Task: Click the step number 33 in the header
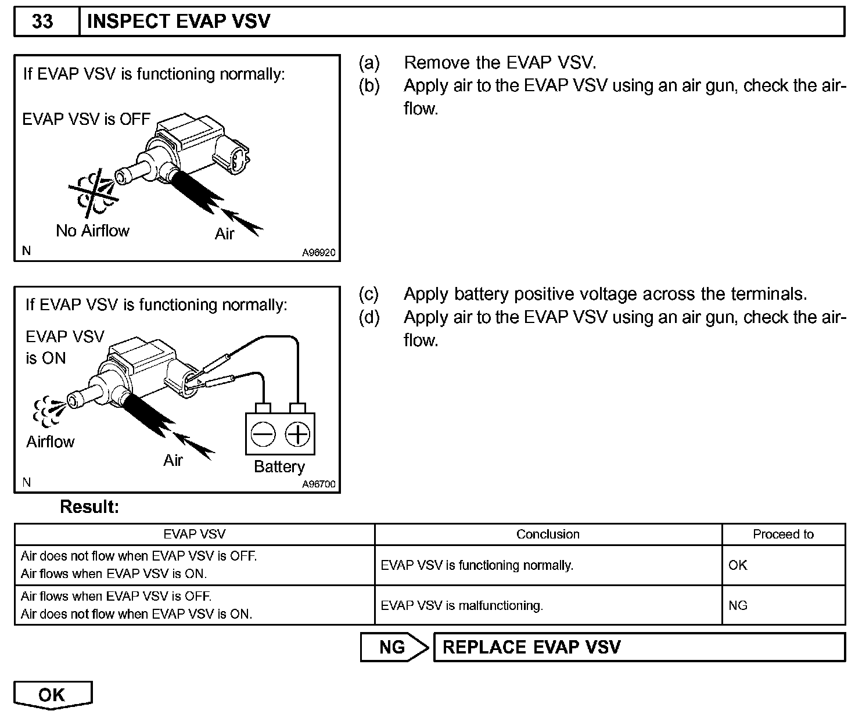(42, 22)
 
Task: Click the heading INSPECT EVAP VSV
(178, 22)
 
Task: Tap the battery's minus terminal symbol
(263, 434)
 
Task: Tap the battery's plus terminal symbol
(297, 434)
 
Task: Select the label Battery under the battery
(279, 466)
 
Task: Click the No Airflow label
(92, 231)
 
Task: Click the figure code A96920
(318, 253)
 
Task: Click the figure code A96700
(318, 484)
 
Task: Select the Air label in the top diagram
(224, 234)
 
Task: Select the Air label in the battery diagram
(173, 461)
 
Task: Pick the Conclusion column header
(548, 534)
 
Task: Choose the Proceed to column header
(783, 534)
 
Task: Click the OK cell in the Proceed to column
(738, 565)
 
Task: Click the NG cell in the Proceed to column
(738, 605)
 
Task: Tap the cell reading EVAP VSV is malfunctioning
(462, 605)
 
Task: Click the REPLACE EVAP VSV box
(639, 647)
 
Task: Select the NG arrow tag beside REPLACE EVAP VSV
(393, 647)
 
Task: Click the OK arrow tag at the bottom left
(52, 695)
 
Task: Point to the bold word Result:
(89, 507)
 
